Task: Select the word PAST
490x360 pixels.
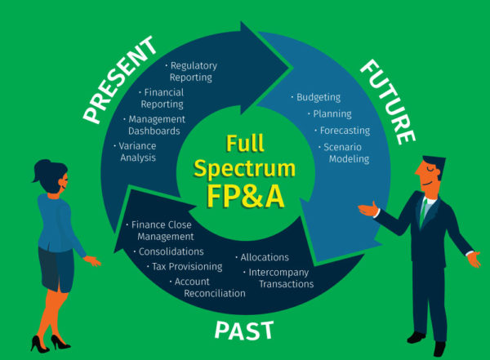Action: (x=243, y=330)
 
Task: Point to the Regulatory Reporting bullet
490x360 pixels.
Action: (x=190, y=71)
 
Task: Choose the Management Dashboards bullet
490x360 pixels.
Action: (x=157, y=125)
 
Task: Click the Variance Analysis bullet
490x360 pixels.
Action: (x=137, y=152)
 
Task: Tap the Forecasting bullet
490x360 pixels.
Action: (x=344, y=131)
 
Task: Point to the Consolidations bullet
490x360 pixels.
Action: (x=170, y=251)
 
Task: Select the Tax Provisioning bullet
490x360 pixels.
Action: (x=186, y=266)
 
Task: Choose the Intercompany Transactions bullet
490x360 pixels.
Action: (x=281, y=278)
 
